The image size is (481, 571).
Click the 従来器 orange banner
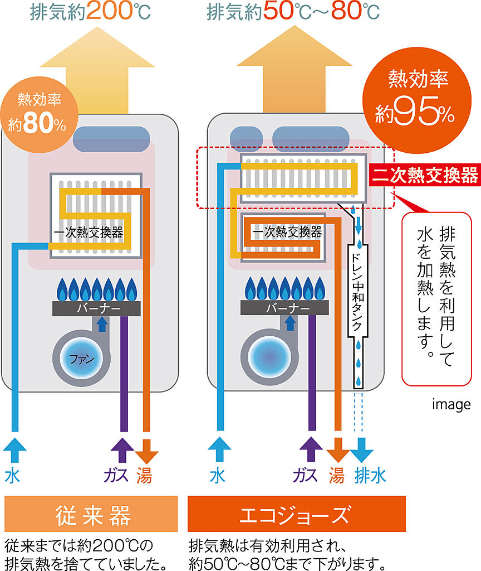tap(91, 514)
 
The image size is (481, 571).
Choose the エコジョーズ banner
tap(296, 514)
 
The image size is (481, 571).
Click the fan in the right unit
tap(268, 356)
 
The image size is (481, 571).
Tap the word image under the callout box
tap(451, 404)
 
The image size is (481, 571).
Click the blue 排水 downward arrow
tap(362, 447)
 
